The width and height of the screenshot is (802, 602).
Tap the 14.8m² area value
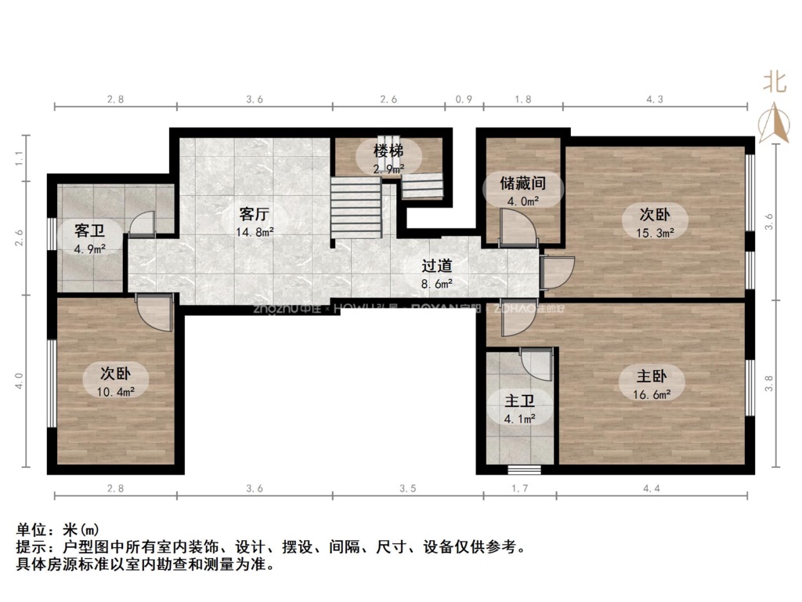[x=255, y=231]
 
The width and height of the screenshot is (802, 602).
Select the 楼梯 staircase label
[x=388, y=150]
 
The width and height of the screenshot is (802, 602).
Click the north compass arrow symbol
[x=774, y=124]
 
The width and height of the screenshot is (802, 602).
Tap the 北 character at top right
[x=775, y=82]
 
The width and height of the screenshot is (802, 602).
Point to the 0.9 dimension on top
[x=464, y=100]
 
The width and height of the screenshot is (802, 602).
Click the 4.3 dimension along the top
[x=655, y=100]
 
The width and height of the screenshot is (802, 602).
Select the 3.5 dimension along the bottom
[x=407, y=488]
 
